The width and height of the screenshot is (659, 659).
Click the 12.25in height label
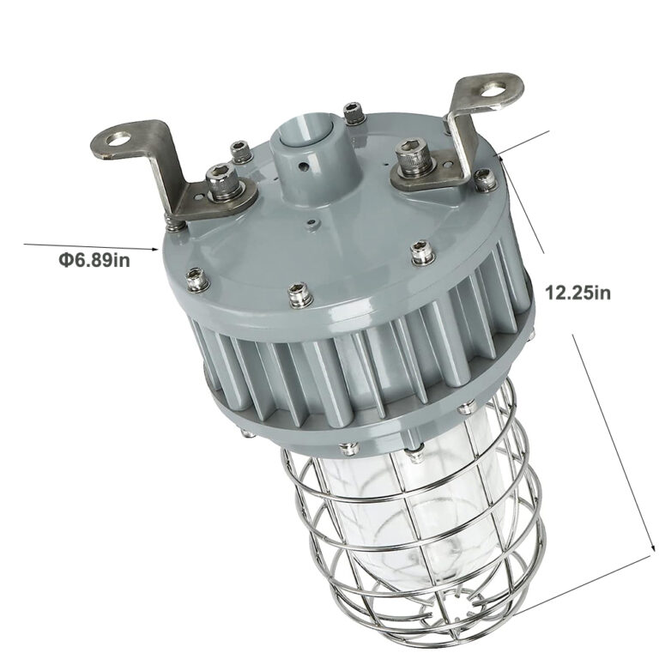(x=577, y=292)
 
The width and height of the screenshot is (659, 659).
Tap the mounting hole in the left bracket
(x=118, y=137)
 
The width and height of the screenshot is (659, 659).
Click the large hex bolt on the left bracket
(x=225, y=183)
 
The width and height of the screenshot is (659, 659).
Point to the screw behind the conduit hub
(x=352, y=112)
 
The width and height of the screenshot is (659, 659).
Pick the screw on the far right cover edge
(x=486, y=178)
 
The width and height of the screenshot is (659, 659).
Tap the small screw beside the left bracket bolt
(x=243, y=154)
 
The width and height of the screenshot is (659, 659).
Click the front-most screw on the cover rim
(x=299, y=294)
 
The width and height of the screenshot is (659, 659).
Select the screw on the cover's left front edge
(x=197, y=278)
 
